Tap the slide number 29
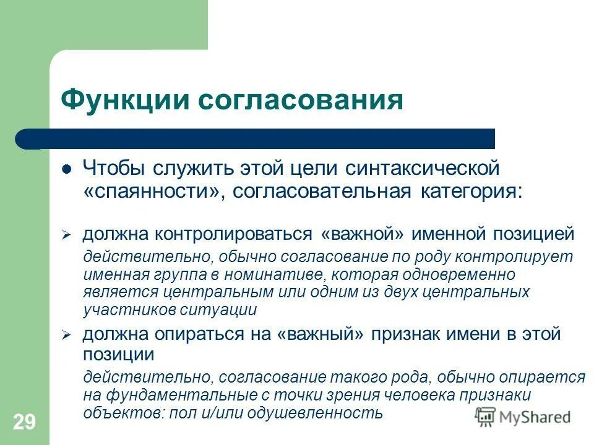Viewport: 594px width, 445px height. [24, 423]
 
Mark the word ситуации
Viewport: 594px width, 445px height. [219, 309]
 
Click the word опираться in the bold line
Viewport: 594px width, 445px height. [198, 335]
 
